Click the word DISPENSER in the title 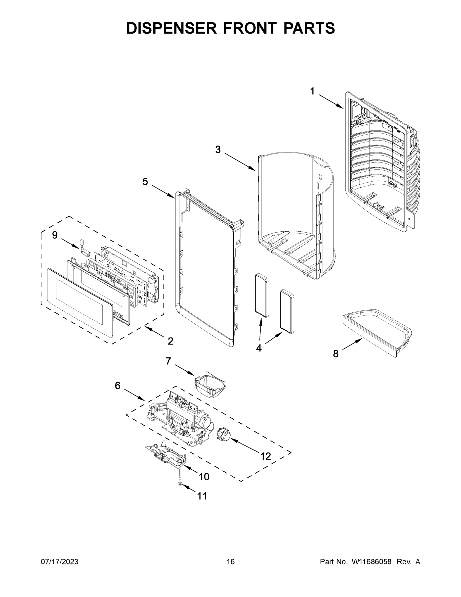click(171, 28)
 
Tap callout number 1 click(312, 91)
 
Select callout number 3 click(218, 149)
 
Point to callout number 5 click(145, 182)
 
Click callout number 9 click(55, 235)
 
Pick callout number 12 click(265, 456)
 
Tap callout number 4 click(259, 348)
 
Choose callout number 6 click(118, 385)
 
